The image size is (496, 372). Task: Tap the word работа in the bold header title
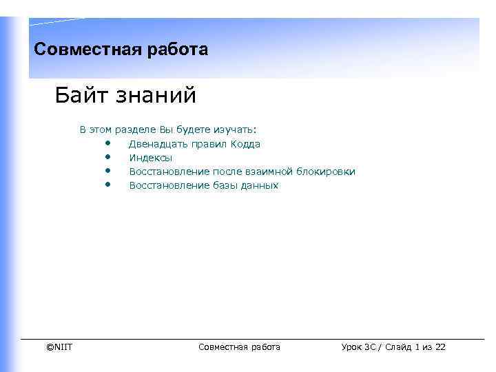click(176, 50)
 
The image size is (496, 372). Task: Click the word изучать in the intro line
click(234, 130)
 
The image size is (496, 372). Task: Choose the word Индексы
click(151, 158)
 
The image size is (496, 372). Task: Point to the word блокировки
click(327, 172)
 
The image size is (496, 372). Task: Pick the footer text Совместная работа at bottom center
click(239, 347)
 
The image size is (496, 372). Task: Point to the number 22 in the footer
click(440, 347)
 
